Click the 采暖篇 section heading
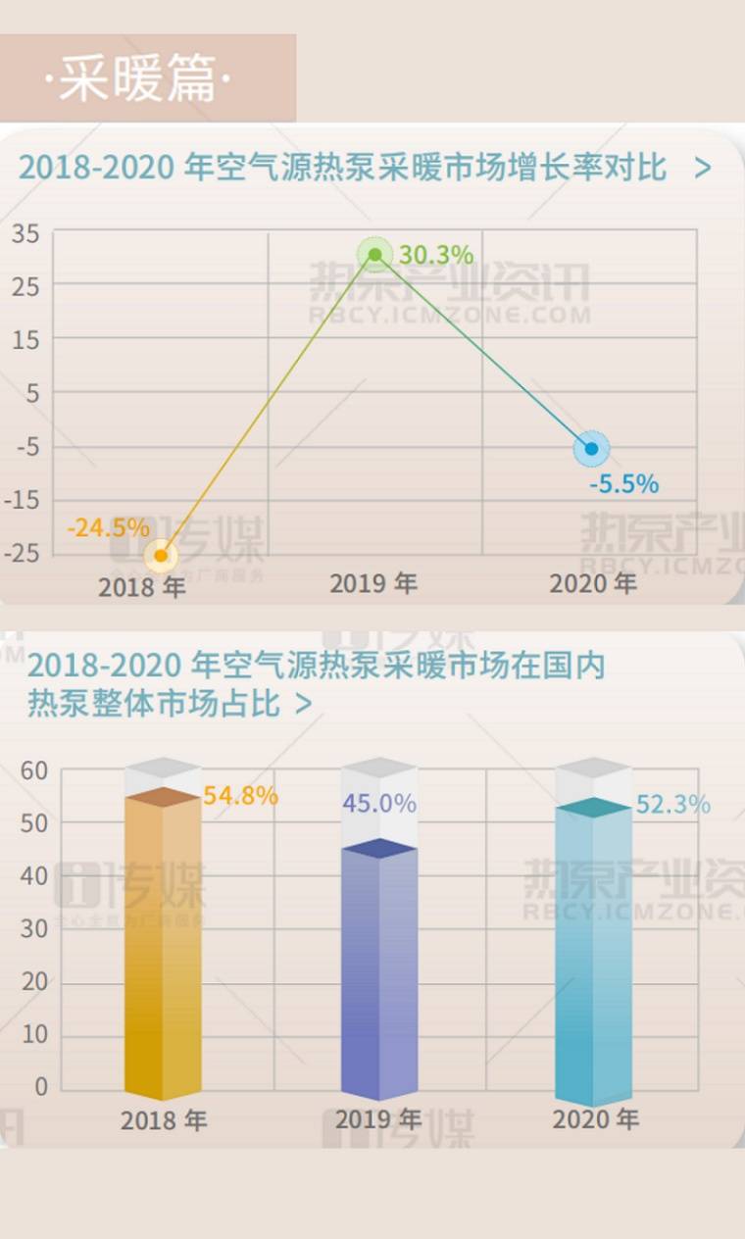137,78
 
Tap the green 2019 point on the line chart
374,255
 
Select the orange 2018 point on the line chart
161,556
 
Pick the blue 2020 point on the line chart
591,449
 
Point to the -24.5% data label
108,527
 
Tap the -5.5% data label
623,484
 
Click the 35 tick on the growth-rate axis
25,233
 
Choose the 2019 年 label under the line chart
373,583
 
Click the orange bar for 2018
163,941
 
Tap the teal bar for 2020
593,951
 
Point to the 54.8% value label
241,796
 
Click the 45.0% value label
379,804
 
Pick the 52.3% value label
673,805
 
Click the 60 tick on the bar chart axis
34,770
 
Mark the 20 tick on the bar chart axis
34,982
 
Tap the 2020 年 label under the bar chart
596,1119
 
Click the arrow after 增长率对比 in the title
702,168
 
